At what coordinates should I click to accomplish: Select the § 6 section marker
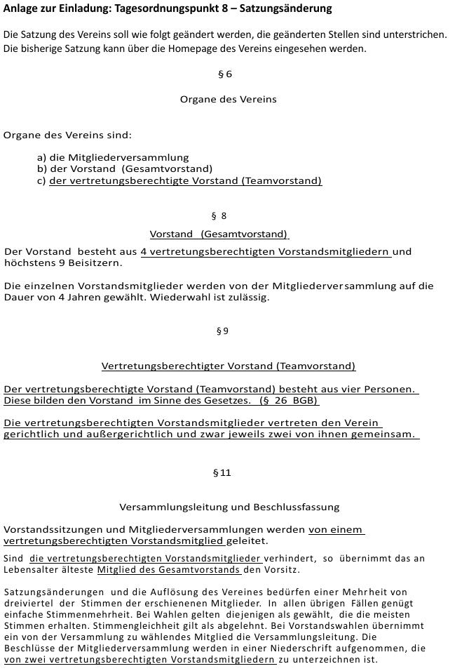pos(224,74)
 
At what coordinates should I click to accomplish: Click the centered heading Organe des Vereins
pos(228,99)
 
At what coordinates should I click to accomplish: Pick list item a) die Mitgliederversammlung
pos(113,157)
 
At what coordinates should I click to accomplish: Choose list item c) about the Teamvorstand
pos(179,181)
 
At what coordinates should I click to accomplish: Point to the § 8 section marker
pos(219,216)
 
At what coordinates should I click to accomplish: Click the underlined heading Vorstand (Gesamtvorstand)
pos(219,234)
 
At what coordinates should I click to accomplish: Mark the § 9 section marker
pos(222,331)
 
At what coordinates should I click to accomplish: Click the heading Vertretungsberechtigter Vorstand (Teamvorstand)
pos(229,366)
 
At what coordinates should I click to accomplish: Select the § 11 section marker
pos(222,473)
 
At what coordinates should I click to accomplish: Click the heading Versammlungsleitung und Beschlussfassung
pos(229,507)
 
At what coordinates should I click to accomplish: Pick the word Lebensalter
pos(28,569)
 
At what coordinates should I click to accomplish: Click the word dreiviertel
pos(28,603)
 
